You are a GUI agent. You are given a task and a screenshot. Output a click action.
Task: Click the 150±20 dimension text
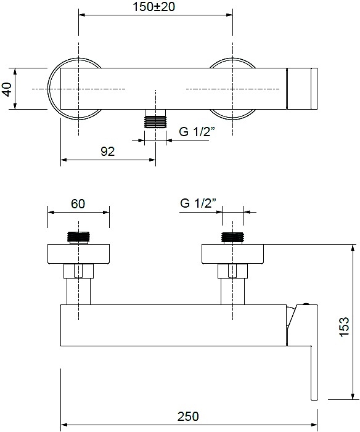click(x=154, y=7)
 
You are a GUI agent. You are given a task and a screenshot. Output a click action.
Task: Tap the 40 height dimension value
click(x=7, y=89)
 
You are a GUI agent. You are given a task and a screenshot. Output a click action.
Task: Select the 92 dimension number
click(x=107, y=152)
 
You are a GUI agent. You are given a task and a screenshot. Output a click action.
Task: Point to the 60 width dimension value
click(x=78, y=204)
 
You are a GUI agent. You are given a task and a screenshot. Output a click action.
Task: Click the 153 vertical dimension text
click(x=345, y=327)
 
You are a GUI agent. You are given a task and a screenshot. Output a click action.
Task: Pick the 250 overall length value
click(x=188, y=417)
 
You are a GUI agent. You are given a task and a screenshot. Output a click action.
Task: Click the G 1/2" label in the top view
click(x=197, y=132)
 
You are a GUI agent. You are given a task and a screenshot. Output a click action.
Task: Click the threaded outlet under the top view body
click(x=155, y=118)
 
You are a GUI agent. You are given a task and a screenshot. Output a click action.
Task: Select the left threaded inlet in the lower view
click(x=78, y=237)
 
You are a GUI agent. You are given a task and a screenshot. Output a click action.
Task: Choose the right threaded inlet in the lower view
click(x=233, y=237)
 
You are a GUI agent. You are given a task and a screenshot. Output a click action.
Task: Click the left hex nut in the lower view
click(x=78, y=271)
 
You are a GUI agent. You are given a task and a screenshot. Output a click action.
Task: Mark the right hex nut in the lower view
click(x=232, y=271)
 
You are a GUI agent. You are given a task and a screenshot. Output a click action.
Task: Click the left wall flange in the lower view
click(x=78, y=254)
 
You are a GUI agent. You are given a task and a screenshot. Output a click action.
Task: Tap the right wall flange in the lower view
click(x=233, y=254)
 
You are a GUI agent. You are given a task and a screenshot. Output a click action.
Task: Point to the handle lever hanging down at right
click(x=314, y=372)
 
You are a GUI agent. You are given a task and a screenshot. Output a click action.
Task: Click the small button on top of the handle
click(x=305, y=304)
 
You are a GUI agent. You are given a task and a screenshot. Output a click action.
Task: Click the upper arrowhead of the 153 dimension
click(x=353, y=248)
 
